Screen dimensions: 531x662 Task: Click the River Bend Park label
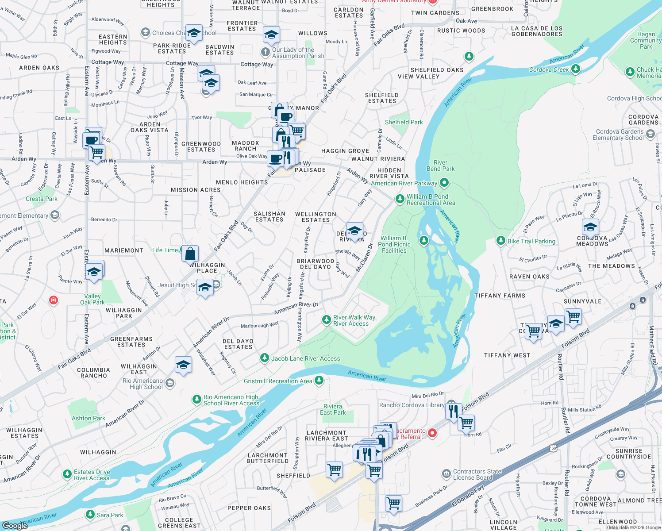tap(440, 165)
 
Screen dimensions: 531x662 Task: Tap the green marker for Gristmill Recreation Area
tap(319, 381)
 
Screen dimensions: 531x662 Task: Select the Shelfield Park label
tap(404, 122)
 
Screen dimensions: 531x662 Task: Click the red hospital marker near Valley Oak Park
tap(54, 300)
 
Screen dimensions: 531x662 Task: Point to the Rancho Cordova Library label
tap(412, 405)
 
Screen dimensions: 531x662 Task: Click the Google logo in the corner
tap(15, 525)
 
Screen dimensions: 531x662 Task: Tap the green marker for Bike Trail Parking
tap(500, 240)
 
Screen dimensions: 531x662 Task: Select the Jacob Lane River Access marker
tap(265, 358)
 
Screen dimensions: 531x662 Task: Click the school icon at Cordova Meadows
tap(590, 227)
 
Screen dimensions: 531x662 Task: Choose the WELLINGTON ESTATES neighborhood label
tap(316, 217)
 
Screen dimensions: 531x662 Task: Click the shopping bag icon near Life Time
tap(190, 254)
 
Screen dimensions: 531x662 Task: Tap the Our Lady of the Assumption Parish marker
tap(265, 53)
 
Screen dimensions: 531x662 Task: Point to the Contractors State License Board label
tap(477, 474)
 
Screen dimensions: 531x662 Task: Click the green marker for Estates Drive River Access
tap(67, 474)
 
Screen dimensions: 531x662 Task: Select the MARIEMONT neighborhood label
tap(124, 250)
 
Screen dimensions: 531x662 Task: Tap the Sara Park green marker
tap(90, 515)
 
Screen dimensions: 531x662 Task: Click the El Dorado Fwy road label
tap(468, 497)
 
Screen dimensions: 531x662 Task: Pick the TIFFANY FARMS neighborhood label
tap(500, 296)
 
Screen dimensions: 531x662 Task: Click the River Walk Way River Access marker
tap(327, 319)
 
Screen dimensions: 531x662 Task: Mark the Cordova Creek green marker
tap(575, 69)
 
